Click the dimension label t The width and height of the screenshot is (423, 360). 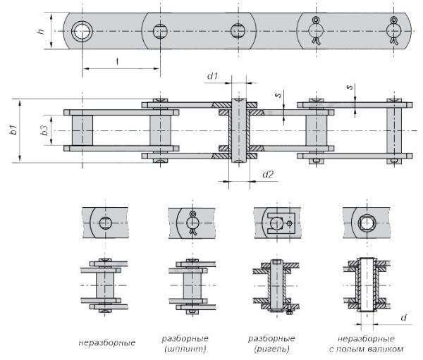[116, 61]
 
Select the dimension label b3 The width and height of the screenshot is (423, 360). [44, 131]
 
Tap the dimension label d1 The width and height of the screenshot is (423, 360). [213, 75]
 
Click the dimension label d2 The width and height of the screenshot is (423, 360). [267, 174]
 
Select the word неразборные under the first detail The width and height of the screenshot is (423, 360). [106, 343]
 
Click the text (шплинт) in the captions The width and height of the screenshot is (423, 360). [184, 348]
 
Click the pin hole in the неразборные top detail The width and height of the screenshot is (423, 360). [105, 223]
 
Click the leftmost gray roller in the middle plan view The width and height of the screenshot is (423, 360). [82, 130]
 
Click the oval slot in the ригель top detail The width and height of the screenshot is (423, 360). [276, 223]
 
